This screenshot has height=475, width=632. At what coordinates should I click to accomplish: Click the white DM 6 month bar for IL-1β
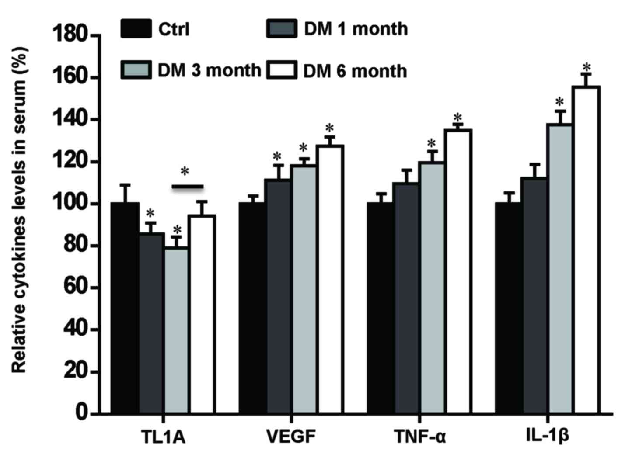click(586, 249)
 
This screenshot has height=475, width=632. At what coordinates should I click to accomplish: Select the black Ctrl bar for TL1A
click(125, 308)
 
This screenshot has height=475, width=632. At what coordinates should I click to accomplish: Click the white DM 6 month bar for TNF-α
click(458, 271)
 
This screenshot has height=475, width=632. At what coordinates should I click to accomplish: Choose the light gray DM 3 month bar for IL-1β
click(559, 268)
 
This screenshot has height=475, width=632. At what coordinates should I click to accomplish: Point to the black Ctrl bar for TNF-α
click(381, 308)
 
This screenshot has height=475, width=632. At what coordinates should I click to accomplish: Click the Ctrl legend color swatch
click(136, 29)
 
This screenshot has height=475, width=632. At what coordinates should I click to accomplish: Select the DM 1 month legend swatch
click(282, 29)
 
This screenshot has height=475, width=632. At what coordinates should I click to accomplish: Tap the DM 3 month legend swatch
click(136, 70)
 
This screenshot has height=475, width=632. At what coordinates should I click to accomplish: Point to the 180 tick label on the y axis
click(70, 35)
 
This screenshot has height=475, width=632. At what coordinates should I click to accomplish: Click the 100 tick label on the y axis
click(70, 204)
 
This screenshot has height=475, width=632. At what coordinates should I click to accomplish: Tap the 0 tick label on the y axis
click(81, 413)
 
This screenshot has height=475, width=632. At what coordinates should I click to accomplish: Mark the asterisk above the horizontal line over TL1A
click(185, 171)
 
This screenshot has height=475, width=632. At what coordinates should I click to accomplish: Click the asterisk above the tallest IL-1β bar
click(587, 67)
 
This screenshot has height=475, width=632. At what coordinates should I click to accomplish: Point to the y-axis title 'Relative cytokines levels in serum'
click(20, 210)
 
